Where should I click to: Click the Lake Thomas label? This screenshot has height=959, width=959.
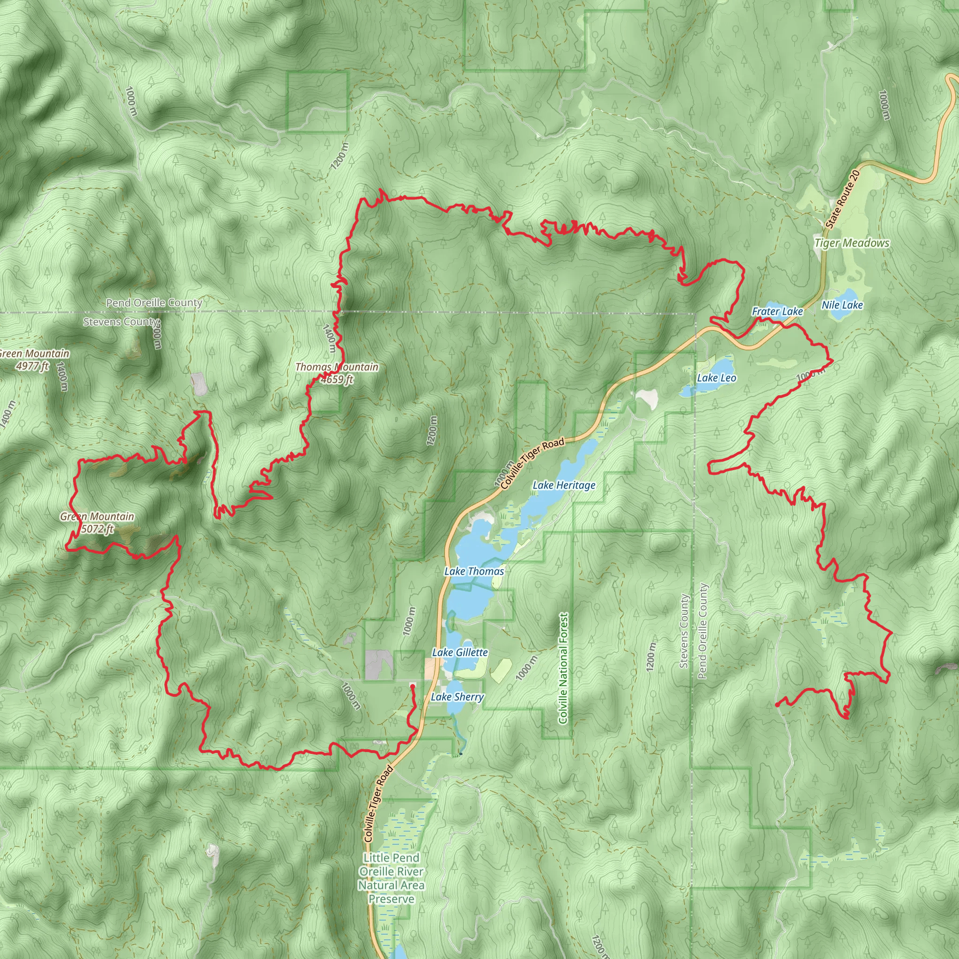[x=473, y=571]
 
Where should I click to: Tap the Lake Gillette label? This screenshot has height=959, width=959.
[x=460, y=652]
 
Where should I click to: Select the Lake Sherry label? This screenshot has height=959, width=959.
[x=457, y=697]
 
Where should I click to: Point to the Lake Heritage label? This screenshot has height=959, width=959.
[x=563, y=485]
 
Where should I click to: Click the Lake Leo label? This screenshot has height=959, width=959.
[x=716, y=378]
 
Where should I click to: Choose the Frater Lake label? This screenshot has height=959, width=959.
[x=777, y=311]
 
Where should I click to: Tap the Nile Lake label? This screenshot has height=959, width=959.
[x=842, y=305]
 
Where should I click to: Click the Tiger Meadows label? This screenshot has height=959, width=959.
[x=852, y=243]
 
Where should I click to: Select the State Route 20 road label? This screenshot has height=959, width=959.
[x=842, y=199]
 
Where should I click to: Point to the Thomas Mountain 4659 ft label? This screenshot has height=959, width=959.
[x=337, y=373]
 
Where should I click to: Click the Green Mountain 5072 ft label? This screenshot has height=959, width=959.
[x=97, y=522]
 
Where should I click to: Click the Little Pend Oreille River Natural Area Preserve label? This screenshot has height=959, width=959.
[x=391, y=878]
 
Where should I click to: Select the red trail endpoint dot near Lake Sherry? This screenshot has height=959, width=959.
[x=413, y=686]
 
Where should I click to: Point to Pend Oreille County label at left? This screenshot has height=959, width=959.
[x=154, y=302]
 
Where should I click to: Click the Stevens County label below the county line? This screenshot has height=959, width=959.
[x=121, y=322]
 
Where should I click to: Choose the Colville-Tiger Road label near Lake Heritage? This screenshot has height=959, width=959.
[x=532, y=464]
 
